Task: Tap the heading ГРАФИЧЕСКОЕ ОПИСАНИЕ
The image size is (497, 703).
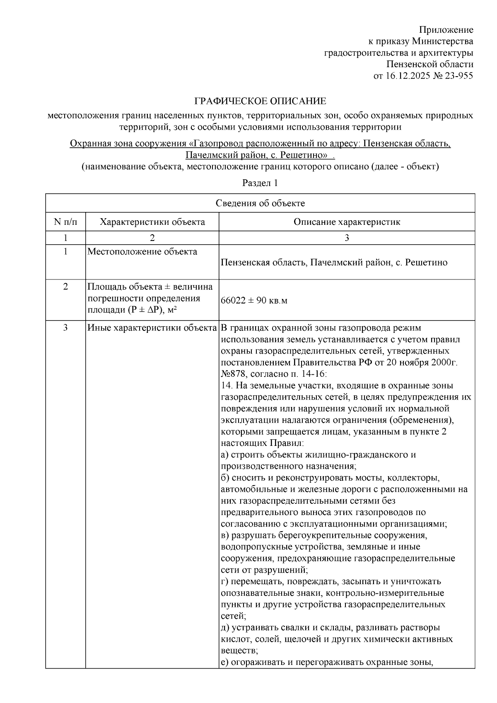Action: coord(260,101)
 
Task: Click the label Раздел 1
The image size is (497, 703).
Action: coord(260,183)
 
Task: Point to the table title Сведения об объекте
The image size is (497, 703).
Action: coord(260,203)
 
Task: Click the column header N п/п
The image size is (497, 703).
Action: coord(65,222)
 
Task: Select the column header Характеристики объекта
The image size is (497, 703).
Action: coord(152,222)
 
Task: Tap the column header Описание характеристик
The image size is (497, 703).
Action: coord(347,222)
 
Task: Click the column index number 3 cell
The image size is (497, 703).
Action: coord(347,238)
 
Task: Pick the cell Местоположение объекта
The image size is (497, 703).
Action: coord(142,252)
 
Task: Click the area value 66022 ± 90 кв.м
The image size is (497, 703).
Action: coord(254,301)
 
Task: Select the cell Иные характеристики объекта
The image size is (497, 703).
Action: coord(152,328)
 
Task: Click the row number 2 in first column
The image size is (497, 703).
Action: coord(65,286)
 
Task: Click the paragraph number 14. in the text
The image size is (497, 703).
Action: coord(227,386)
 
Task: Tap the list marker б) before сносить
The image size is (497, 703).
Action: coord(225,478)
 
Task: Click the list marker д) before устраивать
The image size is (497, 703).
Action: coord(225,628)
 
